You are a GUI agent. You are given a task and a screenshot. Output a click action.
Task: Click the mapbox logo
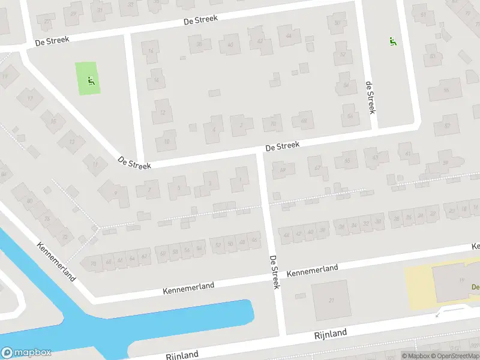click(x=25, y=353)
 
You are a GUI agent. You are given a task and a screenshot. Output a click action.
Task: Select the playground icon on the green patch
click(x=91, y=81)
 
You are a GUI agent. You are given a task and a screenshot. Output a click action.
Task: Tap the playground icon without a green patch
click(x=392, y=41)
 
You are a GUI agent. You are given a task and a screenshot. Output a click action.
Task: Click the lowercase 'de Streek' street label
click(x=370, y=98)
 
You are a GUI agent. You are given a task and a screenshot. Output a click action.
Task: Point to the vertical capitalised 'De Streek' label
click(x=274, y=272)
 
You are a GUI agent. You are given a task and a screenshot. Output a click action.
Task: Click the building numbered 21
click(x=331, y=299)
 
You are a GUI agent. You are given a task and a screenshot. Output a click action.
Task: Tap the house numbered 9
click(x=116, y=192)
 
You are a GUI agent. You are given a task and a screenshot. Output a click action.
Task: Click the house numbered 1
click(x=240, y=178)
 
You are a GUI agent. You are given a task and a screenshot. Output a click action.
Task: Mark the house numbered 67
click(x=318, y=167)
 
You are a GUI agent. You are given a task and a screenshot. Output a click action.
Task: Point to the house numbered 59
click(x=445, y=162)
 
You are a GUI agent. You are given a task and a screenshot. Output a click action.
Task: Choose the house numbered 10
click(x=166, y=141)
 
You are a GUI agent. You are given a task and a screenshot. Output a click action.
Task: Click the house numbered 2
click(x=241, y=125)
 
